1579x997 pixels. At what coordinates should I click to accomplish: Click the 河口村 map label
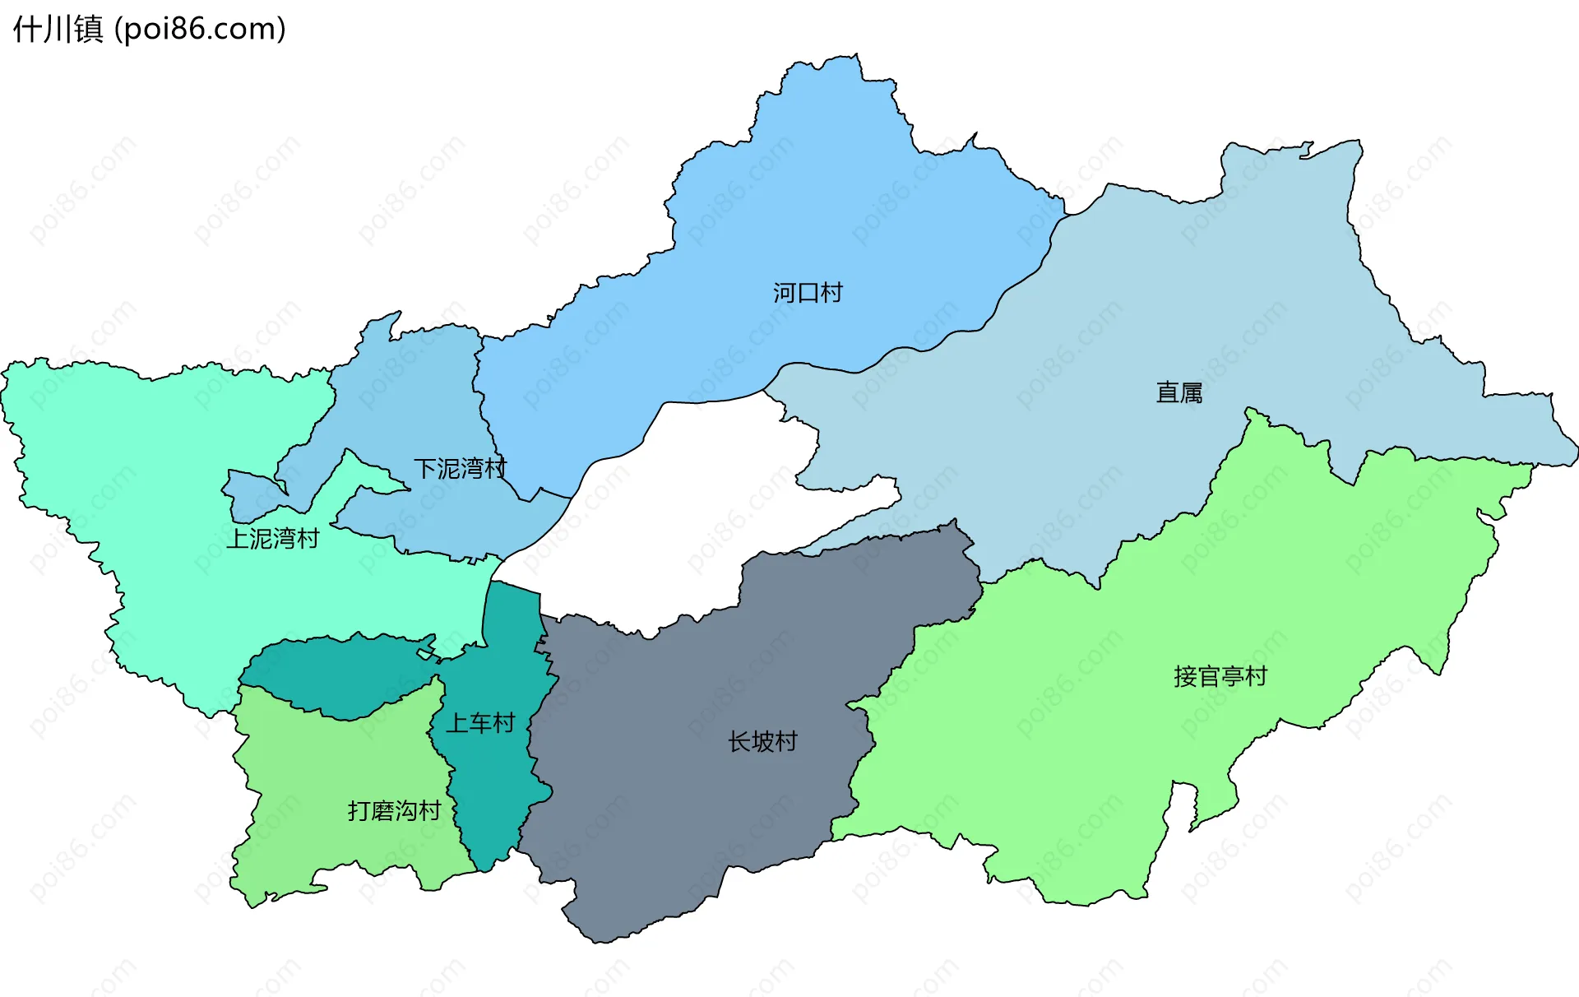coord(808,293)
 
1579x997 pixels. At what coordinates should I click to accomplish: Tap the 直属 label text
coord(1179,392)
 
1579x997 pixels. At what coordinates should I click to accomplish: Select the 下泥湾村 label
coord(460,469)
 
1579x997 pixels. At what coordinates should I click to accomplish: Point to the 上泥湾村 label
coord(273,539)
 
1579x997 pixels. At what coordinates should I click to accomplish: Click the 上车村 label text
coord(480,723)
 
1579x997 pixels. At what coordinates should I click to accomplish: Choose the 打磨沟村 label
coord(395,811)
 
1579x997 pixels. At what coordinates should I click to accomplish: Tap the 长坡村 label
coord(762,742)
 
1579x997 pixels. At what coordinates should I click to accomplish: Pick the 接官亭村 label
coord(1220,676)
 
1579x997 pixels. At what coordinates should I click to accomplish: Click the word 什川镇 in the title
coord(58,30)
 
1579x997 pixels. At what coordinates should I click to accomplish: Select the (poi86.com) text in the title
coord(200,30)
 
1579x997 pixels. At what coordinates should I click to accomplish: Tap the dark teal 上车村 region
coord(493,790)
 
